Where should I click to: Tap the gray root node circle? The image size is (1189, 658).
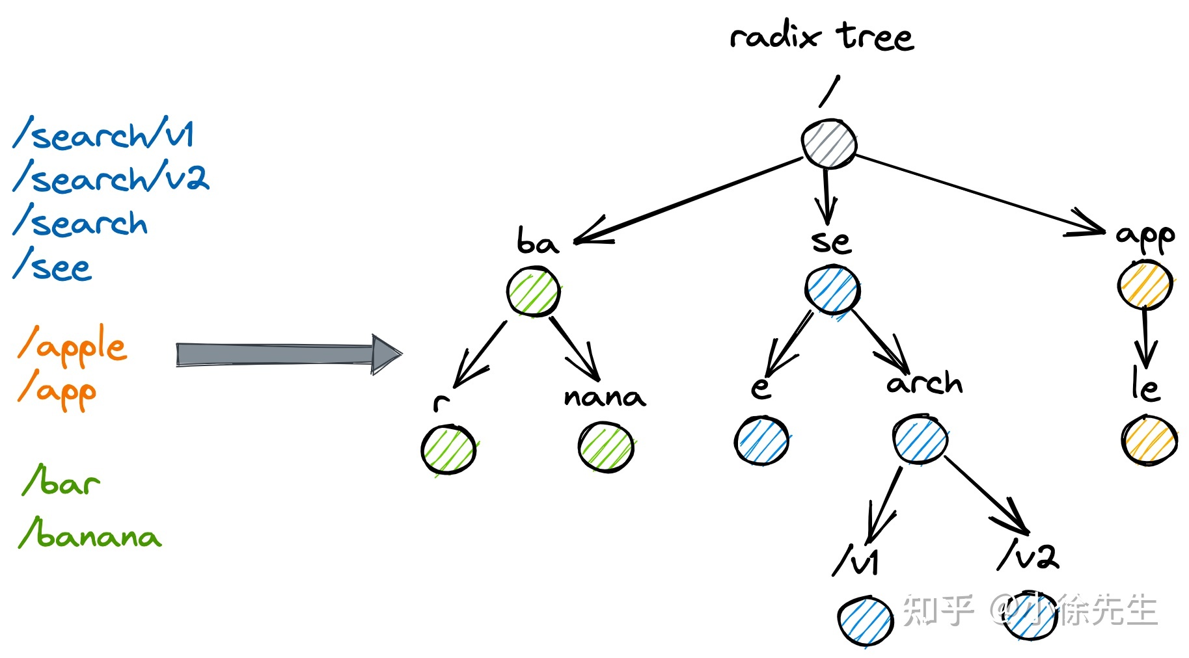(828, 144)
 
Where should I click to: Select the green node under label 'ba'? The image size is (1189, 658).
(533, 293)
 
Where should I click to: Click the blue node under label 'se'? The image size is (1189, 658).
(832, 289)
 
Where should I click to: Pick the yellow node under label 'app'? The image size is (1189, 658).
(1145, 285)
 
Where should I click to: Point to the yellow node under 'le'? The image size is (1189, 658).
(1149, 440)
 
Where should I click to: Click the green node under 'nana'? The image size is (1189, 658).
(606, 447)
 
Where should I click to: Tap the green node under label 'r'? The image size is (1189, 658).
(448, 449)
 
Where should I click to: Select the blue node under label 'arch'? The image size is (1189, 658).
(920, 440)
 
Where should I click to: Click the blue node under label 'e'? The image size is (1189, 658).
(761, 441)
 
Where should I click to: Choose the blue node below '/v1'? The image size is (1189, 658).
(865, 621)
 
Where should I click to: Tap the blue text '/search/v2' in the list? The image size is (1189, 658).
(111, 178)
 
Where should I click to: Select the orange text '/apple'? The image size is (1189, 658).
(72, 345)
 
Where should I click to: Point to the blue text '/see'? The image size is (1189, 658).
(53, 266)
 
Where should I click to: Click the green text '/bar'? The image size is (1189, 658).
(61, 482)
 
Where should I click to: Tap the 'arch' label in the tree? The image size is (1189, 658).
(924, 383)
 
